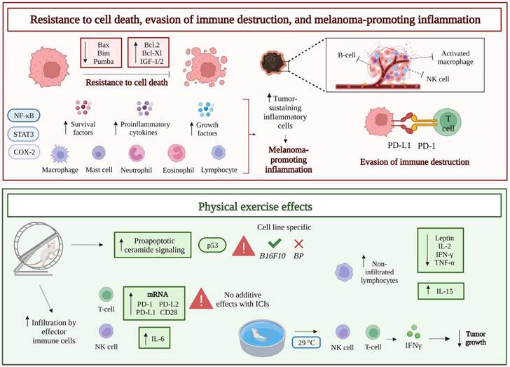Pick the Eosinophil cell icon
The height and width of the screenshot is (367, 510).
click(x=178, y=154)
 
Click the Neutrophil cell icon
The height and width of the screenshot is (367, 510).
click(x=138, y=154)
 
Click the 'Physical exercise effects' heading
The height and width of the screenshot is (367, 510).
click(x=254, y=209)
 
